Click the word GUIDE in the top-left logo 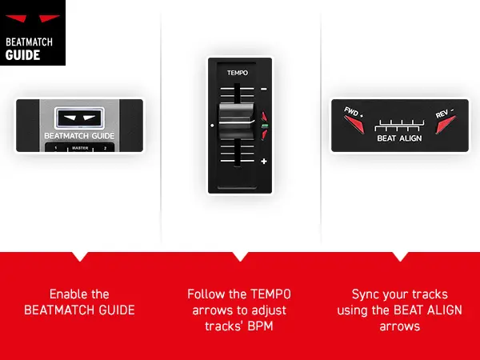(x=22, y=55)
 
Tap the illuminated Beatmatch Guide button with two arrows (x=79, y=118)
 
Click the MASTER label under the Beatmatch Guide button (x=80, y=148)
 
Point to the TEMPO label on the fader (x=238, y=73)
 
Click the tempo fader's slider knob (x=237, y=122)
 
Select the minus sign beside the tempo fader (x=263, y=89)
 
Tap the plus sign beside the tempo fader (x=264, y=161)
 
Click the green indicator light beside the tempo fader (x=265, y=126)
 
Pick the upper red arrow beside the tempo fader (x=264, y=117)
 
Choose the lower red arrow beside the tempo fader (x=264, y=134)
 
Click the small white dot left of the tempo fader (x=212, y=126)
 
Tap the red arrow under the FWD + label (x=354, y=125)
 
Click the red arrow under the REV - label (x=446, y=125)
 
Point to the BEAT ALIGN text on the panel (x=399, y=138)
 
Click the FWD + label (x=354, y=112)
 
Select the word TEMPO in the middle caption (x=271, y=294)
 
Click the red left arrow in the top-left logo (x=17, y=18)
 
